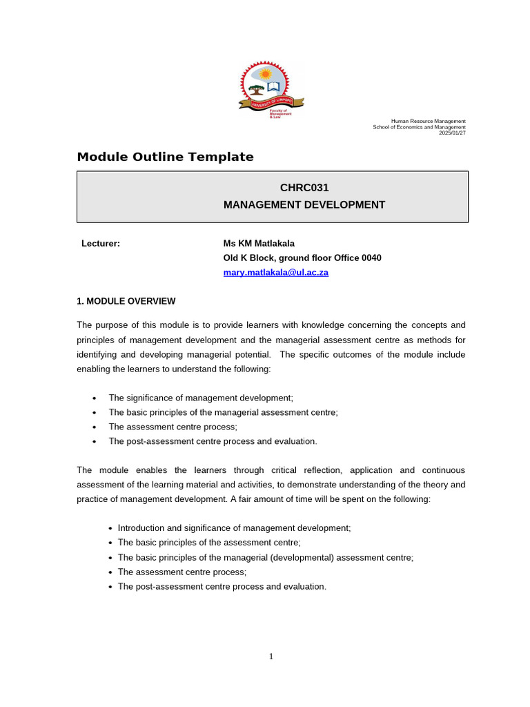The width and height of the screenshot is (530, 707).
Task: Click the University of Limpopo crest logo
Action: click(271, 87)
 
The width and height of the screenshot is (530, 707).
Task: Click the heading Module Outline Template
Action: click(165, 157)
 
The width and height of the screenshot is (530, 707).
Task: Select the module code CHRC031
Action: click(304, 188)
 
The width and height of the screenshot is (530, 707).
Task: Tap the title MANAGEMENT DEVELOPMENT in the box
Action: click(304, 204)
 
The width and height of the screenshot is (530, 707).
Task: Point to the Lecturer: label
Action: click(101, 243)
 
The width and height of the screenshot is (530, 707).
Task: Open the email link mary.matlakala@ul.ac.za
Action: click(275, 272)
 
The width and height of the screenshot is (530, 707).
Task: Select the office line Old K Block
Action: click(302, 258)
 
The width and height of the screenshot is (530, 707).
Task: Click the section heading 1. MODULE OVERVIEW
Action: click(126, 301)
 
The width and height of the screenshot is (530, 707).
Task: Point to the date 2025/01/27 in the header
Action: click(452, 133)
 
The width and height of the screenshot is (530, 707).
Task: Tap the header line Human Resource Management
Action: click(428, 121)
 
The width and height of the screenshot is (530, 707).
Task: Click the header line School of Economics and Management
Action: click(419, 127)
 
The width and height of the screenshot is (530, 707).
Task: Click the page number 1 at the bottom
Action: click(271, 656)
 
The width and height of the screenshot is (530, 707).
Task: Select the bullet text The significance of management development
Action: click(201, 398)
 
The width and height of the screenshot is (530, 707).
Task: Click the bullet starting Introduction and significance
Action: click(234, 527)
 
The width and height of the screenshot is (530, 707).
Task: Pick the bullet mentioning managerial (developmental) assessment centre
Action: click(266, 557)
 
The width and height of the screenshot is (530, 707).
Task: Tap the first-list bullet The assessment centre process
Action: click(173, 427)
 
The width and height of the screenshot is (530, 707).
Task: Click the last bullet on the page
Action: click(222, 586)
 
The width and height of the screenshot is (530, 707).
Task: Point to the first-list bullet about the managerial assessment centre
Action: click(223, 412)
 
